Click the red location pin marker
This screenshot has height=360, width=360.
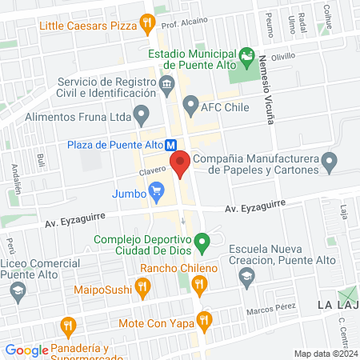(x=179, y=164)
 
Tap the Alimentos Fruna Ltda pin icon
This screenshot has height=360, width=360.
(x=142, y=116)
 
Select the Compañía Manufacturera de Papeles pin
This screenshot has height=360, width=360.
(x=329, y=163)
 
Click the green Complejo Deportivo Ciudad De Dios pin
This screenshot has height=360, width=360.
(x=203, y=239)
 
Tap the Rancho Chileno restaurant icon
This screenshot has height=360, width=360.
(x=200, y=282)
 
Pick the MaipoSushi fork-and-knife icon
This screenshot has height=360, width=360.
(x=142, y=286)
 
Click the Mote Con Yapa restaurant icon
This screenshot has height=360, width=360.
(x=205, y=320)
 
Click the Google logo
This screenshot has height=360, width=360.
(x=26, y=350)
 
